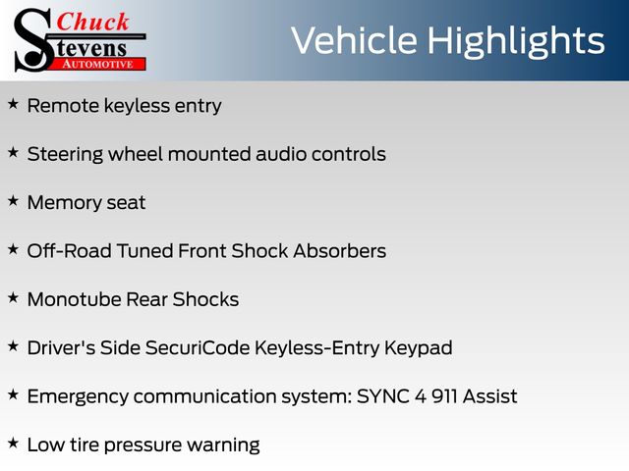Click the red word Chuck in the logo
pyautogui.click(x=92, y=22)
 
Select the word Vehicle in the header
pyautogui.click(x=354, y=40)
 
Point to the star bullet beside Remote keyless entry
pyautogui.click(x=13, y=104)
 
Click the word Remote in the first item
pyautogui.click(x=63, y=106)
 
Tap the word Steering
pyautogui.click(x=66, y=155)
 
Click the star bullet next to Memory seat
pyautogui.click(x=13, y=200)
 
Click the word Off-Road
pyautogui.click(x=70, y=251)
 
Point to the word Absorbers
pyautogui.click(x=340, y=251)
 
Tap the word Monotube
pyautogui.click(x=74, y=299)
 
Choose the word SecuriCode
pyautogui.click(x=198, y=347)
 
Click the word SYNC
pyautogui.click(x=382, y=396)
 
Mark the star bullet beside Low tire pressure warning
pyautogui.click(x=13, y=443)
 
